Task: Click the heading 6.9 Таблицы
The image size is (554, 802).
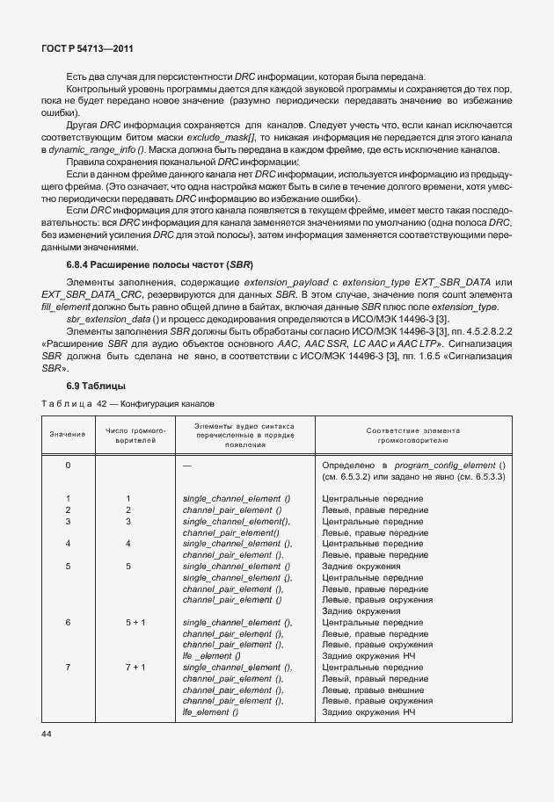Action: tap(96, 386)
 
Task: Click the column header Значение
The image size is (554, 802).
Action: tap(68, 434)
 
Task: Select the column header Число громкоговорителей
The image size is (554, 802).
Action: tap(128, 434)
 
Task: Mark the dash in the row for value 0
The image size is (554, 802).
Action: tap(186, 464)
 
